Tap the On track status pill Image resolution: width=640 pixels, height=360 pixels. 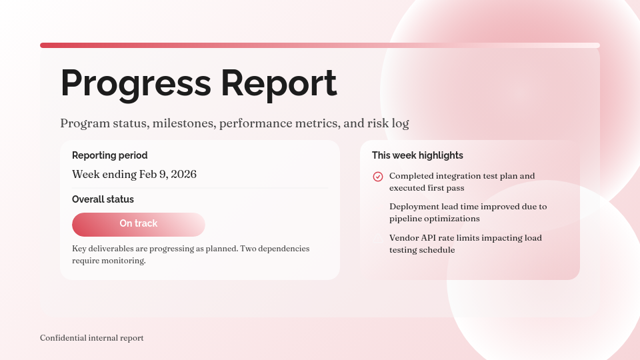(x=139, y=224)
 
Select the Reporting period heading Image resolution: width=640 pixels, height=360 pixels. (x=109, y=155)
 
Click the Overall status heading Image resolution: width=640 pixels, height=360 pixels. (x=103, y=199)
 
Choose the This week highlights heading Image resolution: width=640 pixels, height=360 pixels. (x=417, y=155)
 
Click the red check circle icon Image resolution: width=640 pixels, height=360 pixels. (x=378, y=177)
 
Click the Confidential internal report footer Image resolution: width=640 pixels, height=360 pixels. (x=91, y=338)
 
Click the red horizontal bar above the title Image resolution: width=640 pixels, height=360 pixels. (x=320, y=45)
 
